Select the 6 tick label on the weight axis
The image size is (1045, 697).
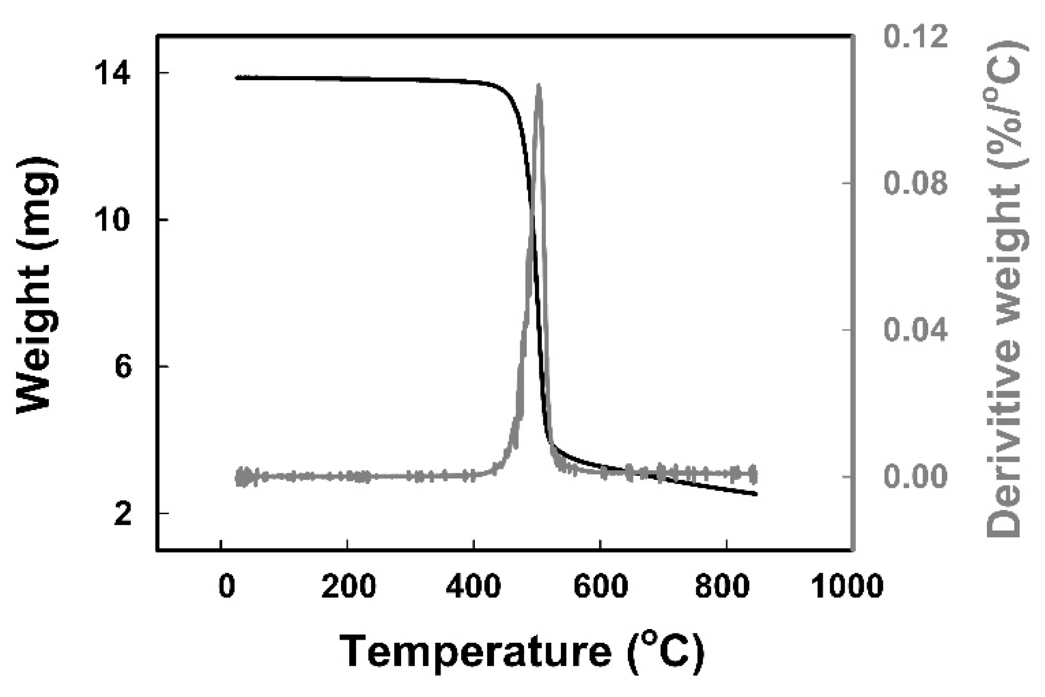point(123,368)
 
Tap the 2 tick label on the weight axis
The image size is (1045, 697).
point(123,515)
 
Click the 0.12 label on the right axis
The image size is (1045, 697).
point(915,37)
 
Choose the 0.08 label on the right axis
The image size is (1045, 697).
point(915,183)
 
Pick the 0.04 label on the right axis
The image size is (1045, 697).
point(915,330)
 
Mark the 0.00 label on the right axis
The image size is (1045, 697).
point(915,477)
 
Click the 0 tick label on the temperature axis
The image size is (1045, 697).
point(227,586)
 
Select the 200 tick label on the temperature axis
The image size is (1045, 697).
point(348,586)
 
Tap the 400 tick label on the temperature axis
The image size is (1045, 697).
point(474,586)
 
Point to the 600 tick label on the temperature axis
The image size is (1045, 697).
point(600,586)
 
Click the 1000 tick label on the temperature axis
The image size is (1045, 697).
point(847,586)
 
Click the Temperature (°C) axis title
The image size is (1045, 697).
point(522,652)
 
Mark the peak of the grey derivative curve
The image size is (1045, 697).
point(538,86)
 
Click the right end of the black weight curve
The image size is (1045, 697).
point(756,494)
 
